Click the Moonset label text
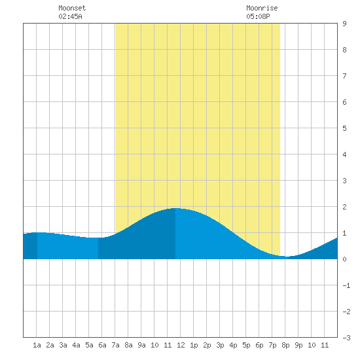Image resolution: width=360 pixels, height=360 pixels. (72, 8)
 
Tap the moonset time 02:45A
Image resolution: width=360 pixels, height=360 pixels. (70, 16)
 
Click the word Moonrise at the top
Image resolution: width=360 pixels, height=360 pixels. (262, 8)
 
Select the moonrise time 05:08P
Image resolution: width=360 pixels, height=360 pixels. (258, 16)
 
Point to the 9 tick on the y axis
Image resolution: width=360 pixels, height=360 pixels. (344, 24)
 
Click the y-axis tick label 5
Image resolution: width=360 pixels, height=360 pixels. (344, 128)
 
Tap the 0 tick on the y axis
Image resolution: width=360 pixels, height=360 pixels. (344, 259)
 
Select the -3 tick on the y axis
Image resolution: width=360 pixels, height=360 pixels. (346, 338)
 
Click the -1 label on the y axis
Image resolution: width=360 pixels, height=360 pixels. (346, 285)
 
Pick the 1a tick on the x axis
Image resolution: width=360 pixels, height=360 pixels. (37, 345)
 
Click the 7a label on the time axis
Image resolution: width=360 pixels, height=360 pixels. (115, 345)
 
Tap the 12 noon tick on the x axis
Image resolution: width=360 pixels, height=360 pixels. (181, 345)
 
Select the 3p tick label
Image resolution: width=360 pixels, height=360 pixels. (220, 345)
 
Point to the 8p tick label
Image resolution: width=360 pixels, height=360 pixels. (285, 345)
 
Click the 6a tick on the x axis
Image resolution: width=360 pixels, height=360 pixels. (102, 345)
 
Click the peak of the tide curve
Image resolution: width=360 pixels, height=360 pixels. (175, 208)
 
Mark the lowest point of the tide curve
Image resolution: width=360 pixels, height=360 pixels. (287, 257)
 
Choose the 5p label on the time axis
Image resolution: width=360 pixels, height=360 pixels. (246, 345)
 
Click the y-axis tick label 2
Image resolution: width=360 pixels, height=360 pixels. (344, 207)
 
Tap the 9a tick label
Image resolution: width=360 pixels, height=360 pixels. (141, 345)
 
